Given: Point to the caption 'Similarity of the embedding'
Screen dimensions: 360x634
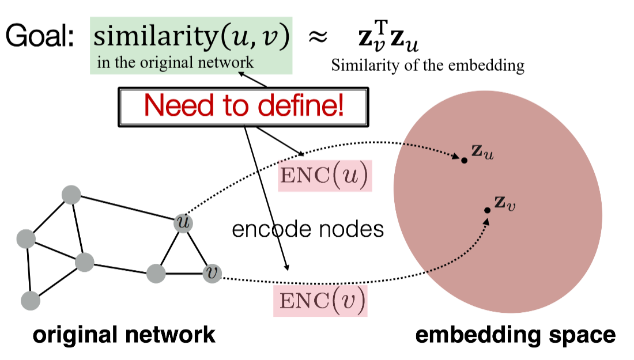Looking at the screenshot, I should point(427,66).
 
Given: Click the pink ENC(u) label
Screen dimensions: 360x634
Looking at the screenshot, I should point(323,177).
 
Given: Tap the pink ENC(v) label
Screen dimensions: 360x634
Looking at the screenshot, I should point(320,301).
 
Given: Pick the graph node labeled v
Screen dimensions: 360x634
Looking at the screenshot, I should point(212,273).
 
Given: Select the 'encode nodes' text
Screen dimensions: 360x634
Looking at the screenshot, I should point(307,229).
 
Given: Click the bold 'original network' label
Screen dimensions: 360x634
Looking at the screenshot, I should point(124,335).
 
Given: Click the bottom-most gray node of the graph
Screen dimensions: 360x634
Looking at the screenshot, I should point(30,300).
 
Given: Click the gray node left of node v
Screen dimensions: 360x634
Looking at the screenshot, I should point(156,273).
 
